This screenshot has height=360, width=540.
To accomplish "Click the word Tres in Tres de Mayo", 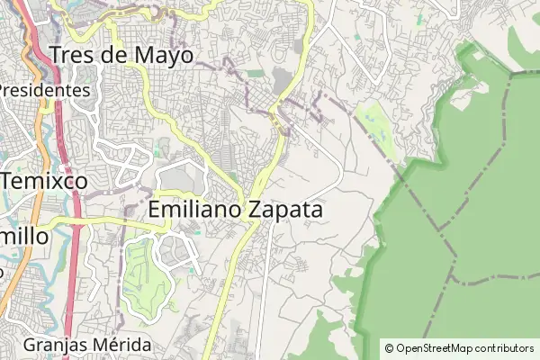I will click(x=75, y=55).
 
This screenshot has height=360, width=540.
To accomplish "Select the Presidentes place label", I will click(x=45, y=91).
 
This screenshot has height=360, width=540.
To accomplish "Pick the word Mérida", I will click(x=121, y=345).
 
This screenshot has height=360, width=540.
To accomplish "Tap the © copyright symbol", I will click(x=389, y=347).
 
